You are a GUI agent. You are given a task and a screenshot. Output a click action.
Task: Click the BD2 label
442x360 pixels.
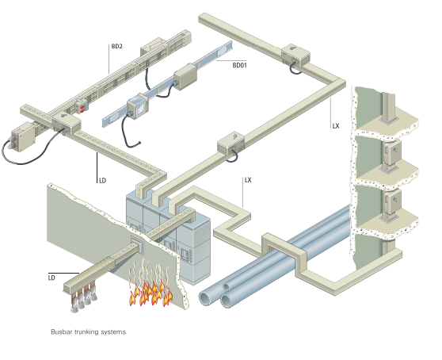(x=116, y=46)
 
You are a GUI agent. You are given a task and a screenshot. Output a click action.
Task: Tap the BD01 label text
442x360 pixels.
(x=239, y=65)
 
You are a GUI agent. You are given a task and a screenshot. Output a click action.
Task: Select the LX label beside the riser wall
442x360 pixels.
(x=336, y=126)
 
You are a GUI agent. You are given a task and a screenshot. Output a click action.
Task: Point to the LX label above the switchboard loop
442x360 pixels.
(x=248, y=180)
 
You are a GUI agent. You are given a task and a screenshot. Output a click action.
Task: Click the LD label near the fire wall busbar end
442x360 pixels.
(x=51, y=278)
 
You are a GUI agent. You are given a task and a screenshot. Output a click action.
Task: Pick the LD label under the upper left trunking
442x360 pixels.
(x=103, y=181)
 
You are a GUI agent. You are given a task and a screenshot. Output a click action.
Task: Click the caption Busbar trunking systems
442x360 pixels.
(x=88, y=331)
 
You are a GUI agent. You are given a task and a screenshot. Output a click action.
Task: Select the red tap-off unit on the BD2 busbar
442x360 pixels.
(x=82, y=106)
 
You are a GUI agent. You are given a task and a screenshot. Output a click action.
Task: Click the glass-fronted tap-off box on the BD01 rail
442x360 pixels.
(x=137, y=105)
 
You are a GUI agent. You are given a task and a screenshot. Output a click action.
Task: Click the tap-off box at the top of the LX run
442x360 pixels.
(x=295, y=55)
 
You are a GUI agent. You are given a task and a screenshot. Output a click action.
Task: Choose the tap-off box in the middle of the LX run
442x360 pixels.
(x=231, y=144)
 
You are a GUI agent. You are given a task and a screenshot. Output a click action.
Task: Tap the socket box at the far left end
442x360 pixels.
(x=23, y=136)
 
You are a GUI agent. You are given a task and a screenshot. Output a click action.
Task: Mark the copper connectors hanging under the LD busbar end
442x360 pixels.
(x=84, y=298)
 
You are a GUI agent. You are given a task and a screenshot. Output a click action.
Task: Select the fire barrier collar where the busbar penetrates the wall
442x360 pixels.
(x=137, y=245)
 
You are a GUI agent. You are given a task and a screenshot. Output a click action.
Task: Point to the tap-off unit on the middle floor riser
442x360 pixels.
(x=391, y=153)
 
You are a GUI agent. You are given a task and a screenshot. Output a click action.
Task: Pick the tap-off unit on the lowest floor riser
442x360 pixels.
(x=391, y=202)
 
